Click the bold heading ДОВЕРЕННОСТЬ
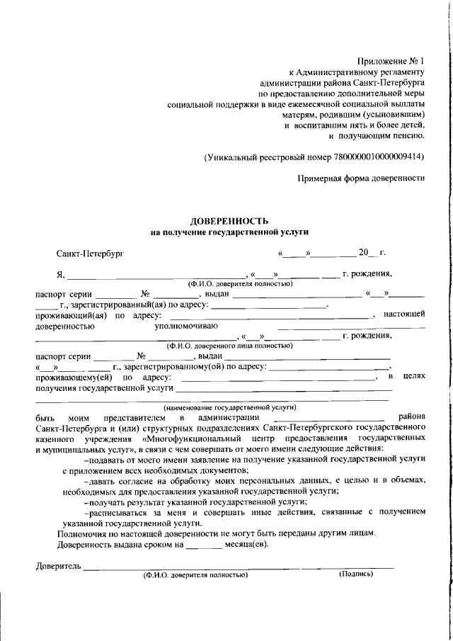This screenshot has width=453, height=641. click(229, 222)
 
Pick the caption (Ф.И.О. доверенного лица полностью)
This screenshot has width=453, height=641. click(229, 346)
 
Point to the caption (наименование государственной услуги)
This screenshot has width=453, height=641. click(229, 408)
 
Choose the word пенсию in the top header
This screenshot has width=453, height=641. click(408, 135)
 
